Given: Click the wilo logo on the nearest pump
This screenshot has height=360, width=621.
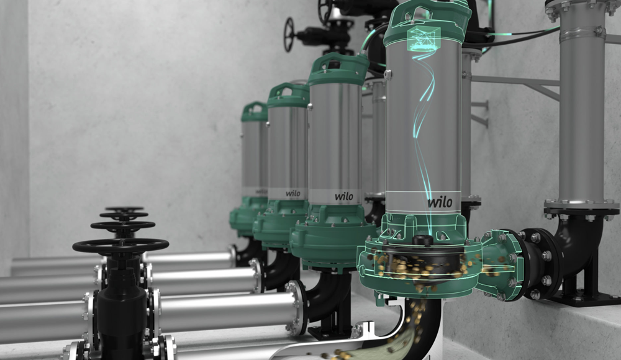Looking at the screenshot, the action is click(x=440, y=202).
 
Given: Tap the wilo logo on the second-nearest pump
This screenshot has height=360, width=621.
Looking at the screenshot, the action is click(x=344, y=196).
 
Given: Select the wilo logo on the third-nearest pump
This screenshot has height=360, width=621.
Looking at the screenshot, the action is click(x=293, y=194).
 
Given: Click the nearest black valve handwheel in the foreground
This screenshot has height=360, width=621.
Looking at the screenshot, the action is click(x=120, y=246).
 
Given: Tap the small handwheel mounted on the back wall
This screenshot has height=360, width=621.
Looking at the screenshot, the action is click(x=289, y=34).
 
